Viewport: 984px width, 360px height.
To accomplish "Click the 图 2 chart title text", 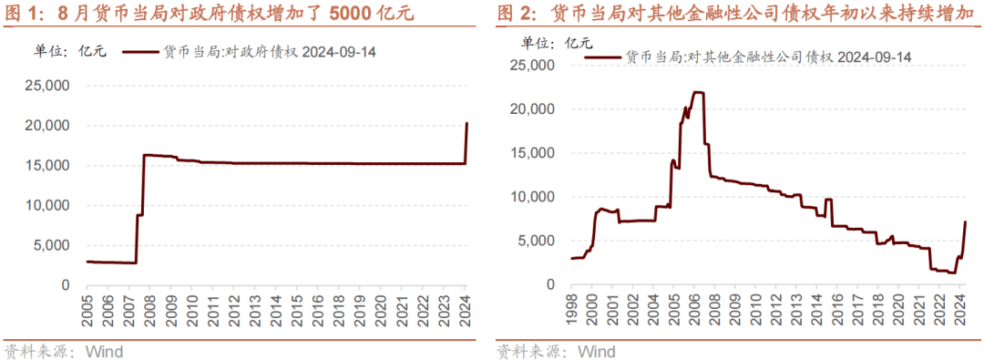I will coord(738,14).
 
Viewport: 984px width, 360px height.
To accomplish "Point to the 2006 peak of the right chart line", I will coord(698,92).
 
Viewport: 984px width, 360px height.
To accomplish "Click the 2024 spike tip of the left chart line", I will coord(466,124).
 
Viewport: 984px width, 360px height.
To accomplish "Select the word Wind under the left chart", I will coord(104,351).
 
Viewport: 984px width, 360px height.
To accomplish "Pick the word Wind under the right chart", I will coord(597,351).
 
